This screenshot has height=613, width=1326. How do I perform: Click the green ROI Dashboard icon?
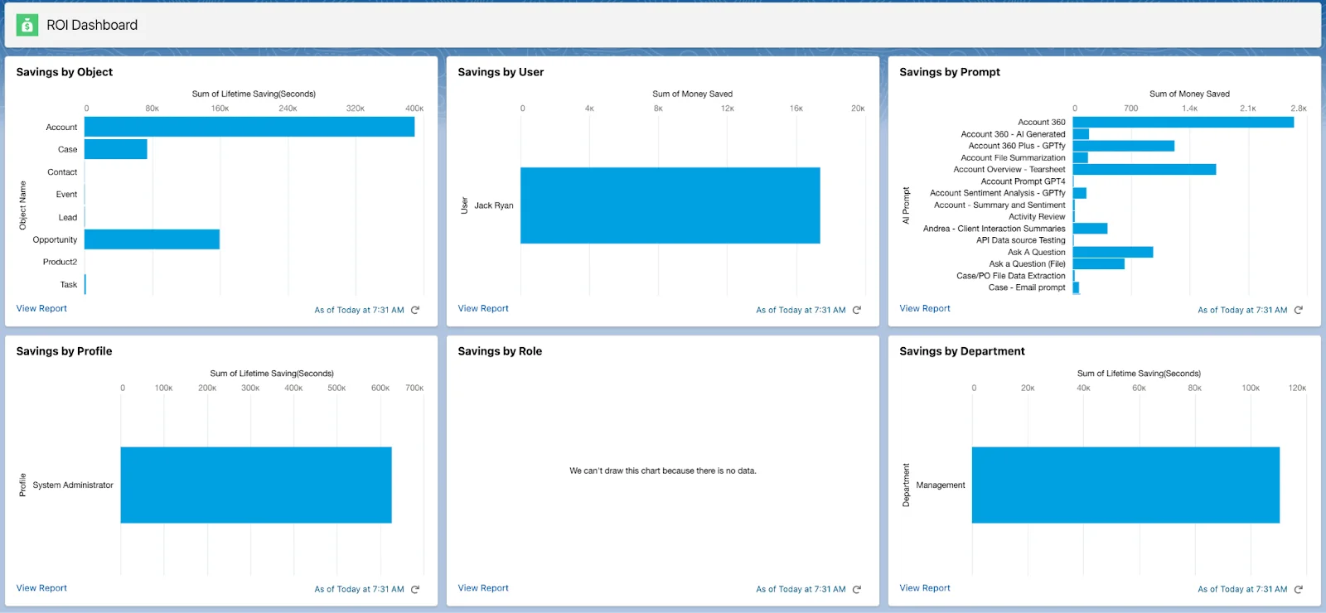[27, 25]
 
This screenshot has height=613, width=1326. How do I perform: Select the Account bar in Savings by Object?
[249, 127]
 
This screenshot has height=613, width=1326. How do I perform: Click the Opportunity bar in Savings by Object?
[152, 239]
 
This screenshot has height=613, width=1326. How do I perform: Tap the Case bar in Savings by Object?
[115, 149]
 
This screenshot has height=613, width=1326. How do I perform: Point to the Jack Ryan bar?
[670, 205]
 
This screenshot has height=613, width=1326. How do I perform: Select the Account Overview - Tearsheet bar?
[1144, 169]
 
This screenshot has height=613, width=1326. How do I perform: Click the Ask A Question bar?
[1112, 252]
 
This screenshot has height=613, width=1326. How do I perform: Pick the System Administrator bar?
[255, 485]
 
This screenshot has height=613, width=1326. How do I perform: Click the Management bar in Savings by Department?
[1125, 485]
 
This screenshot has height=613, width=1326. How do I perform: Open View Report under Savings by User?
[483, 308]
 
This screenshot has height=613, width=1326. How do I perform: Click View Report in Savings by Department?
[925, 588]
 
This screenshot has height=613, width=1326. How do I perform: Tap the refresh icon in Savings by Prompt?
[1299, 310]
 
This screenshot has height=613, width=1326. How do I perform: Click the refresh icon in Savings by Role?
[857, 590]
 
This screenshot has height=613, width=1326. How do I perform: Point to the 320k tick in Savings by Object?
[355, 109]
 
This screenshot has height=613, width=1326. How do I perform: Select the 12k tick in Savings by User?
[727, 109]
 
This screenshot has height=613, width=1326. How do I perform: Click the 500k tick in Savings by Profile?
[336, 388]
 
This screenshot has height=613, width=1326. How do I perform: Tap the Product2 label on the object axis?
[60, 262]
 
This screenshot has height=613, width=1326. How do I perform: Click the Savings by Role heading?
[500, 351]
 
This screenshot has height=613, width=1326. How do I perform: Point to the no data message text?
[662, 471]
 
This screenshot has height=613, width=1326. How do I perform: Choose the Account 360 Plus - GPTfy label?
[1016, 146]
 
